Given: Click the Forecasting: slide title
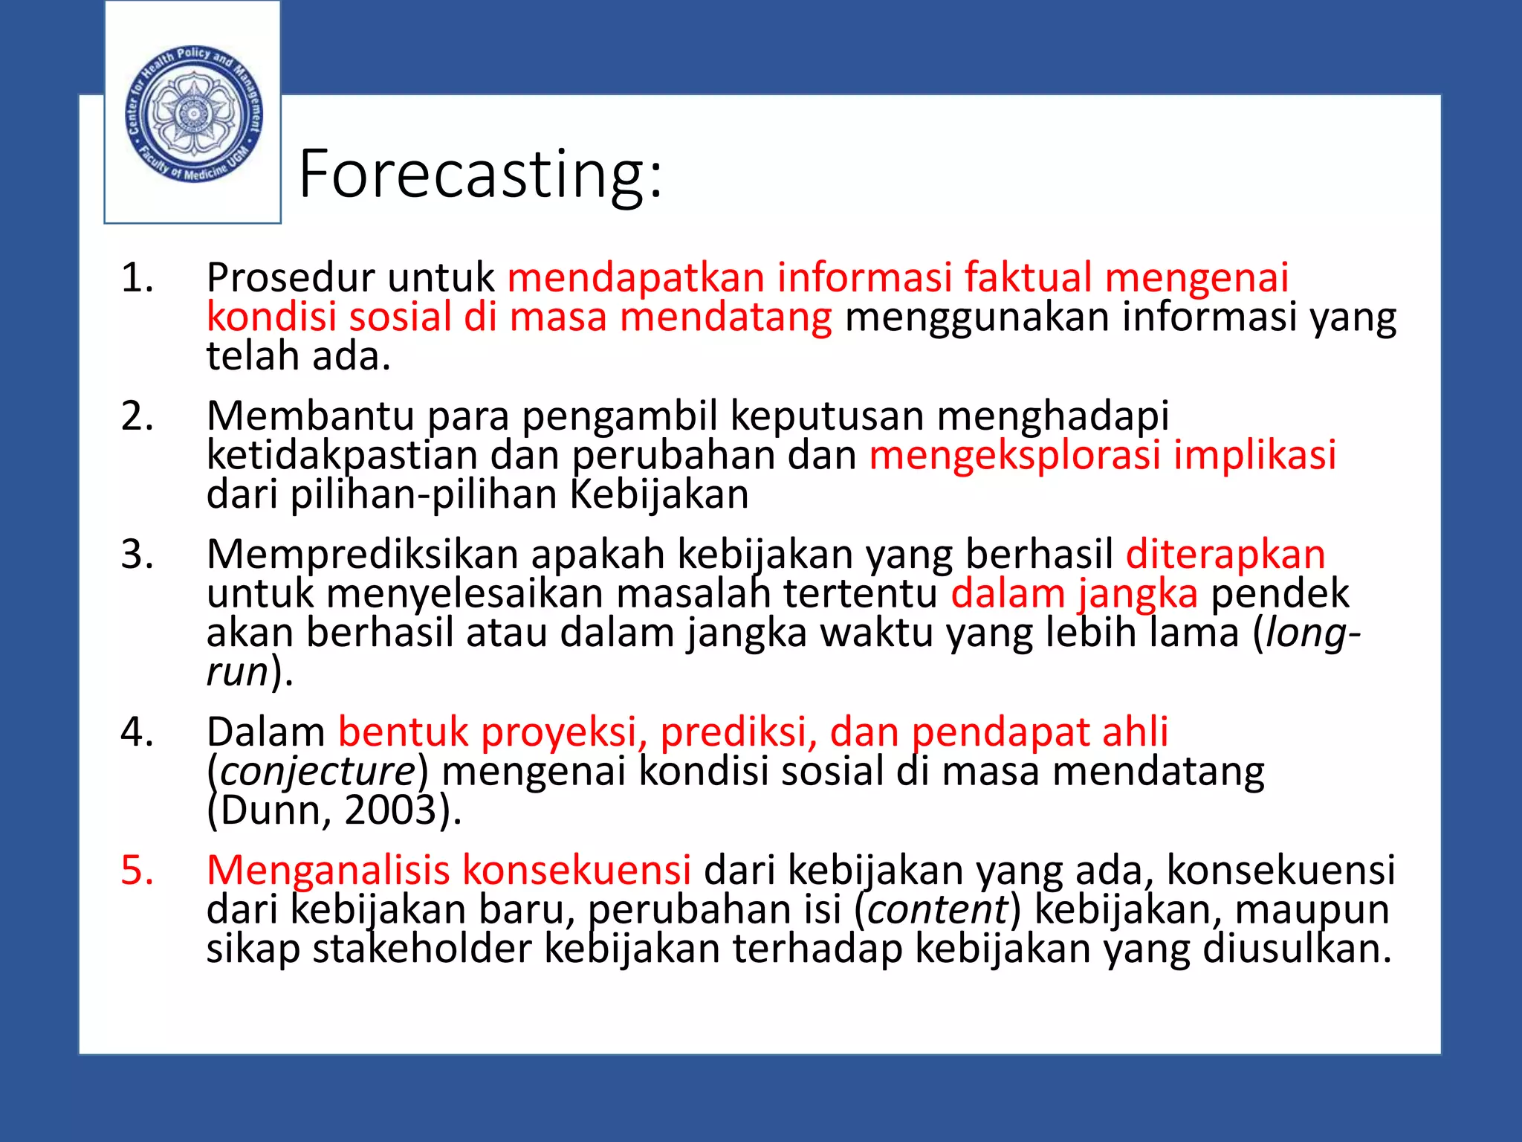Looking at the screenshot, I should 480,175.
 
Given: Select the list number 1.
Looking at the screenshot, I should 137,278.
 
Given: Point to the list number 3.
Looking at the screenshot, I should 137,555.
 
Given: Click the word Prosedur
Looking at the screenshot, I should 291,278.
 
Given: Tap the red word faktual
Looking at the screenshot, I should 1028,278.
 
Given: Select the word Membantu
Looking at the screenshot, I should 311,416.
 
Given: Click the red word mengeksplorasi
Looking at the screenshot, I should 1014,455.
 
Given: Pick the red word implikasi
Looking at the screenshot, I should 1254,455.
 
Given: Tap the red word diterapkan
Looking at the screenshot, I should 1225,555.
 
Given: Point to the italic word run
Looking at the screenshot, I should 237,672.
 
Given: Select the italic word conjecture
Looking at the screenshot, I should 318,772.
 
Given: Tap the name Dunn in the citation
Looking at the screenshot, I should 270,810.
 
